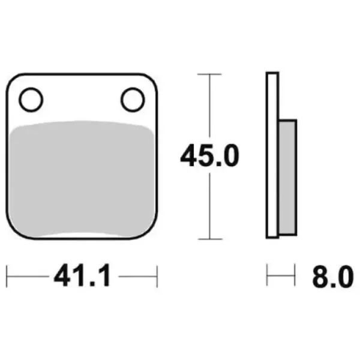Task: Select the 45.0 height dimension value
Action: pos(209,155)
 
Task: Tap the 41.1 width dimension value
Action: pos(82,275)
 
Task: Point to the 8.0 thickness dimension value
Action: pos(332,277)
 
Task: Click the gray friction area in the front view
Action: pos(82,179)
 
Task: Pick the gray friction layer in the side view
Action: pos(287,177)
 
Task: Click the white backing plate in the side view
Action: pos(272,155)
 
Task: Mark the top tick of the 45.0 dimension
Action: pos(209,74)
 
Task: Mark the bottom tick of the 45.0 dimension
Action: pos(210,239)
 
